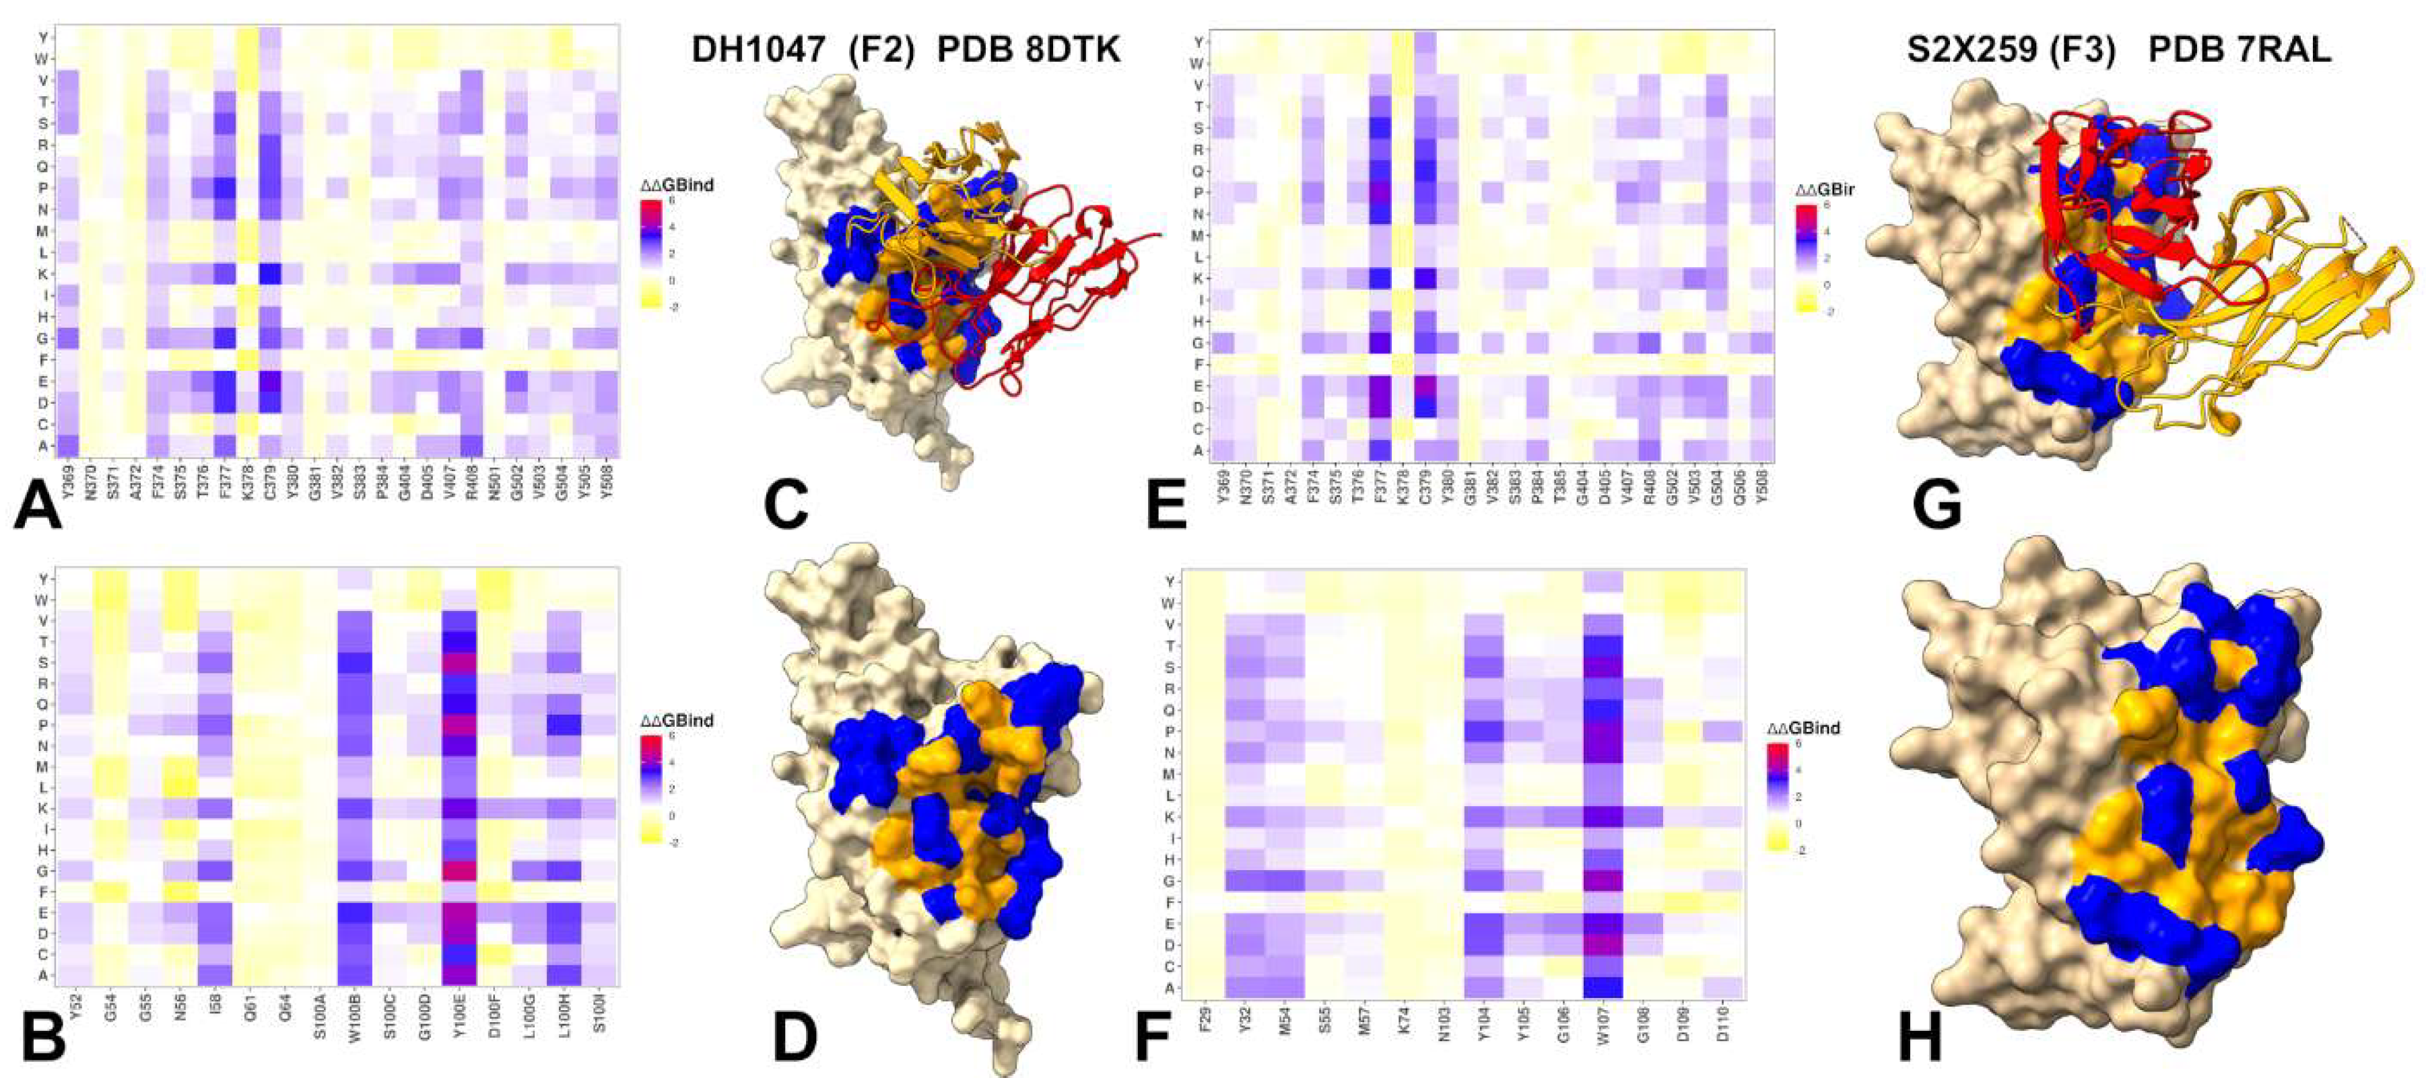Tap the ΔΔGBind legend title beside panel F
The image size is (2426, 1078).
(x=1803, y=728)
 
